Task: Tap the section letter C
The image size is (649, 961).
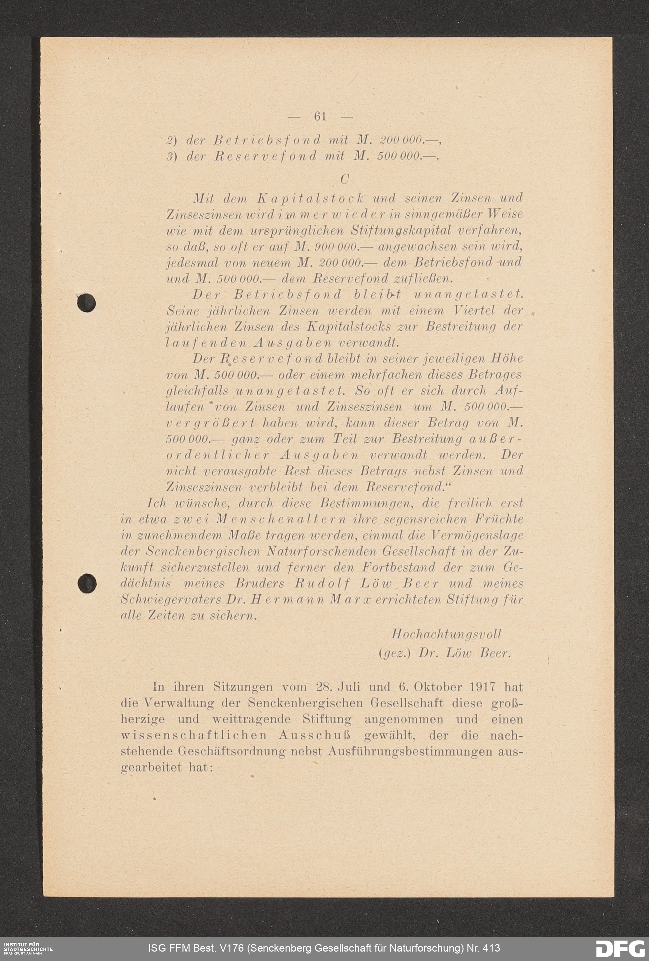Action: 344,179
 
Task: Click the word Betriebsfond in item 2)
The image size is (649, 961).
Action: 267,141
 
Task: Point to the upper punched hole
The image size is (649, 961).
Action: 86,303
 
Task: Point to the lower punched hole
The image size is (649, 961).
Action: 87,584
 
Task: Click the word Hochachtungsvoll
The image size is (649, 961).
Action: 446,634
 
